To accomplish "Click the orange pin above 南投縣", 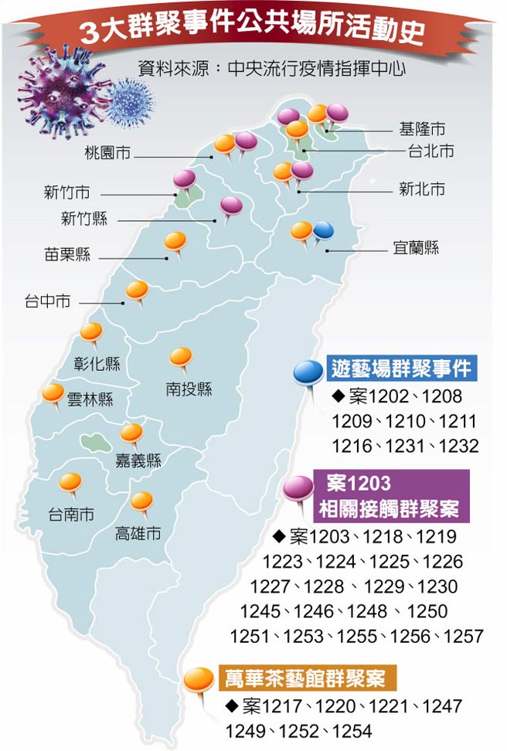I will [181, 357].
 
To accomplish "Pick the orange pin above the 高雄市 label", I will [142, 501].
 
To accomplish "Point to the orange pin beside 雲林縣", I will [53, 392].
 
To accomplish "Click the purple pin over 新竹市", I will [184, 179].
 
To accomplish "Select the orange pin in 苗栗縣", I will [176, 241].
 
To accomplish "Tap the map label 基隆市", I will [422, 128].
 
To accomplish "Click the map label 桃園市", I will [107, 154].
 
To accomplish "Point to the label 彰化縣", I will [98, 364].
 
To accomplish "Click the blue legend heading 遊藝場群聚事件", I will [401, 368].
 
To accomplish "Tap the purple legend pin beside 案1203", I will [297, 488].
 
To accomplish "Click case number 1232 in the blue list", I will [458, 446].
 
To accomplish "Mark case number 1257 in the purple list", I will [462, 636].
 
